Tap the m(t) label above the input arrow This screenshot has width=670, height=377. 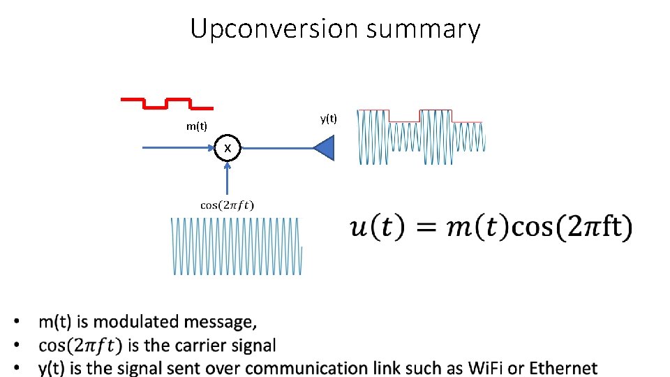point(196,126)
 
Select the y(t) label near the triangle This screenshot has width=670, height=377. point(329,119)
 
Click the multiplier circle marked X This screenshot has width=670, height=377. point(228,148)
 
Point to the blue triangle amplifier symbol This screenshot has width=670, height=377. point(326,148)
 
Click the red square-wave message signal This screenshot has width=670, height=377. point(167,104)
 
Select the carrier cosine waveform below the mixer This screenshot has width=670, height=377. point(237,246)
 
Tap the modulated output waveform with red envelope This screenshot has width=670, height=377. point(420,137)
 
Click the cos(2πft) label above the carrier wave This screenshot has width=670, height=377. point(228,205)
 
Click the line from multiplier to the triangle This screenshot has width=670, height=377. point(276,148)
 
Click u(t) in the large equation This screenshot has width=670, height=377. point(376,228)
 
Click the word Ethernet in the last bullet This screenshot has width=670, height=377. point(563,368)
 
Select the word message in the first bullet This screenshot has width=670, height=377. point(225,322)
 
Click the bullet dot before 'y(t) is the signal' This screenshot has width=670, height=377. point(15,368)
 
